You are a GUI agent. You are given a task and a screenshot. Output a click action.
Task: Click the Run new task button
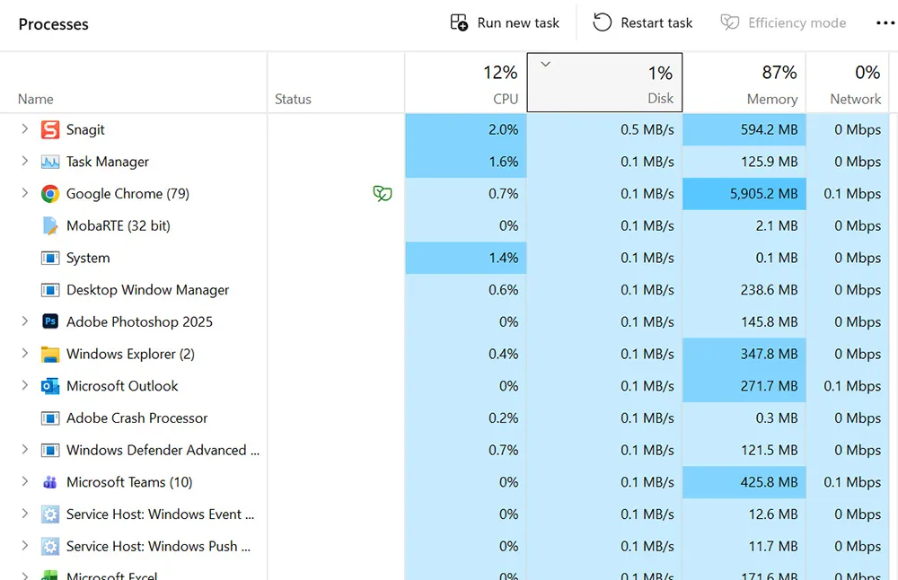pos(505,23)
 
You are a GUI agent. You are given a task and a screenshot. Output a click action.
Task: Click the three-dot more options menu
pos(885,23)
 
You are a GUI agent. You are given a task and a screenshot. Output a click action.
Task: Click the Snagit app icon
pos(50,130)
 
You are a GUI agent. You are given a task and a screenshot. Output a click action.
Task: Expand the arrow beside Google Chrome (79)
pos(25,194)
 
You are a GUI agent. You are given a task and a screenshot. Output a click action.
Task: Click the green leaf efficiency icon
pos(383,194)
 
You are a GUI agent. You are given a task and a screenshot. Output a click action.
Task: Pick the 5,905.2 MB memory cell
pos(744,194)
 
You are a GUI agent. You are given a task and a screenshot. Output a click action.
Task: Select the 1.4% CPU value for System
pos(466,258)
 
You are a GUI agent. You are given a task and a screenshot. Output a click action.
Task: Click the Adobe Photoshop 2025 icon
pos(50,322)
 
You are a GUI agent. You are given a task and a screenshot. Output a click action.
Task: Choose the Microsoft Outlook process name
pos(122,386)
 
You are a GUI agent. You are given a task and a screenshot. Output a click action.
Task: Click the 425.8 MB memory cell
pos(744,482)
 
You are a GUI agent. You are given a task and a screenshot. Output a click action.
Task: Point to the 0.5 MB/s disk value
pos(647,130)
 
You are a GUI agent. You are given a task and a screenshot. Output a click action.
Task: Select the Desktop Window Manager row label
pos(147,290)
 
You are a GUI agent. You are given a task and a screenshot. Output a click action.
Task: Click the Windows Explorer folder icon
pos(50,354)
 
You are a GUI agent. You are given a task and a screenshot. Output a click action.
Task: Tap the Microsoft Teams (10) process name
pos(129,482)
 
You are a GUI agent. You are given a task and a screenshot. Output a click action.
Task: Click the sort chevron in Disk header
pos(544,64)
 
